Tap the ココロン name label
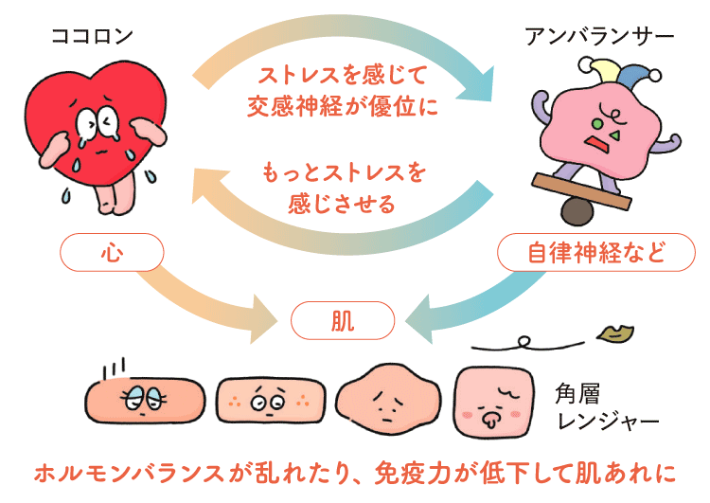[x=92, y=37]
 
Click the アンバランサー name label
[x=599, y=37]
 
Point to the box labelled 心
[x=112, y=253]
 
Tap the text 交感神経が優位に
[x=344, y=107]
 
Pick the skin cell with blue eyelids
[x=145, y=398]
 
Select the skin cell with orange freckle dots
[x=265, y=398]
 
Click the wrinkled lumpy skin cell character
[x=382, y=398]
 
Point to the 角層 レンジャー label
[x=607, y=404]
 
